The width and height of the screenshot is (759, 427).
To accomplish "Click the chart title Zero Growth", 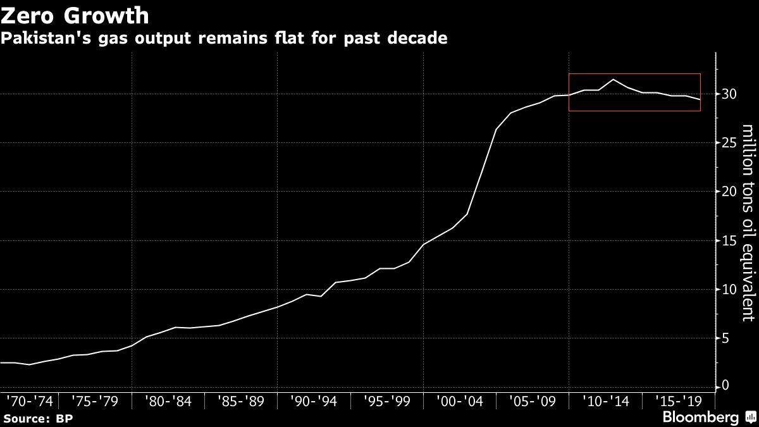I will [76, 15].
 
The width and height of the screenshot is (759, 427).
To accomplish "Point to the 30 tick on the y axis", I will [729, 94].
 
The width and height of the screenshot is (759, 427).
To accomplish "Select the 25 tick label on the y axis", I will [729, 143].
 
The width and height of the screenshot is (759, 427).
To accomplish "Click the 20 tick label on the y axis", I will [729, 192].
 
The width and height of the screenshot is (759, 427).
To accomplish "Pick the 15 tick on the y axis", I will [729, 241].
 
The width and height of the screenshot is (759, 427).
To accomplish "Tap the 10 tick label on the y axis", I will [729, 290].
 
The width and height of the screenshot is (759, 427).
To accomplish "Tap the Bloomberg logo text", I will [700, 418].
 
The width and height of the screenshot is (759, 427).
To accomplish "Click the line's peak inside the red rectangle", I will [613, 80].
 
